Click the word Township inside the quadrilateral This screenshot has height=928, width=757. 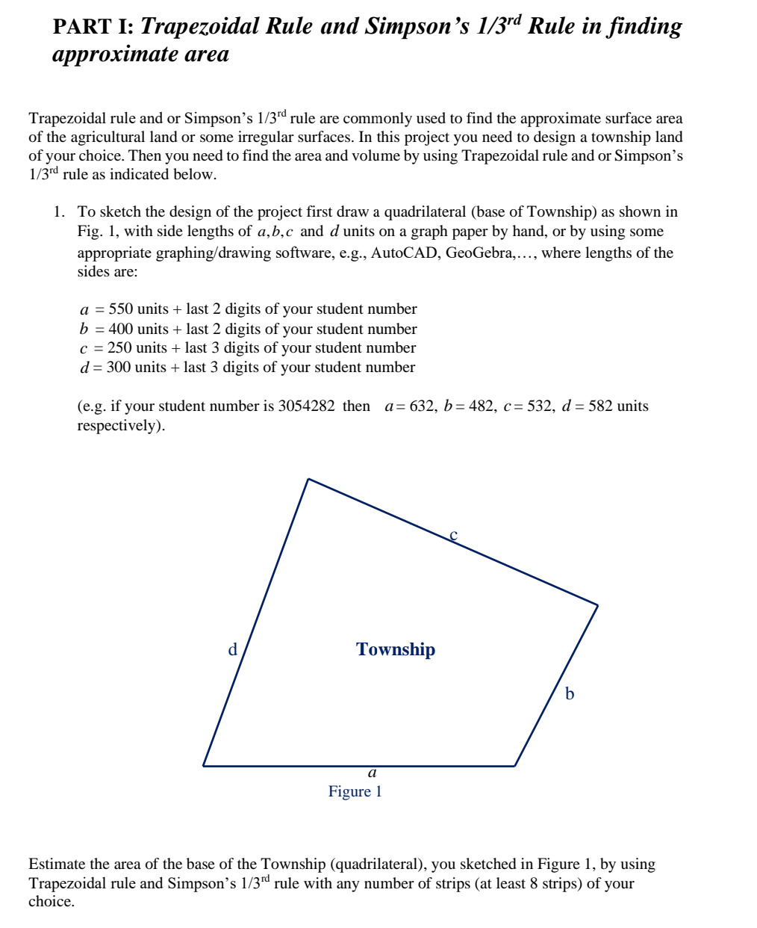396,649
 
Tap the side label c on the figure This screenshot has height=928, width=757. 453,534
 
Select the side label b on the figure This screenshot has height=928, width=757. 570,693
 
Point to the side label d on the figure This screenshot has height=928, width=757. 232,649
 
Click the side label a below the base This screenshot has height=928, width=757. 372,773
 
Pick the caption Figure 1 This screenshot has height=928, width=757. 355,791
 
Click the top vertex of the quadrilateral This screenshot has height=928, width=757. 308,479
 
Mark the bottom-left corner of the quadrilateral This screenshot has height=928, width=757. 203,766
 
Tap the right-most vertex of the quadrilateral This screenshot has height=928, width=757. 597,604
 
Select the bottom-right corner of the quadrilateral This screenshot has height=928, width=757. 514,766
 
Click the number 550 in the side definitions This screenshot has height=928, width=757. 121,309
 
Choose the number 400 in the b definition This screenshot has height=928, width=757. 121,329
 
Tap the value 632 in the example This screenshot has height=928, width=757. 422,406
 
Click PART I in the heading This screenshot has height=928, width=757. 93,27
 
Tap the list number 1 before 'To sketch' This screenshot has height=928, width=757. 58,211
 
